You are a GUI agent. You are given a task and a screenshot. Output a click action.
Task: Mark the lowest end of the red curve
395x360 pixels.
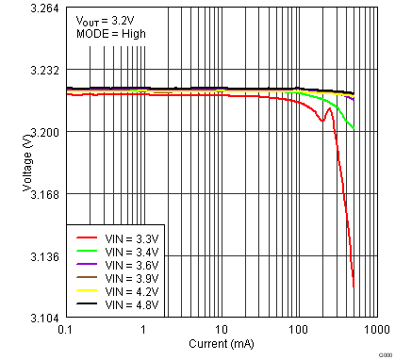(354, 287)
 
